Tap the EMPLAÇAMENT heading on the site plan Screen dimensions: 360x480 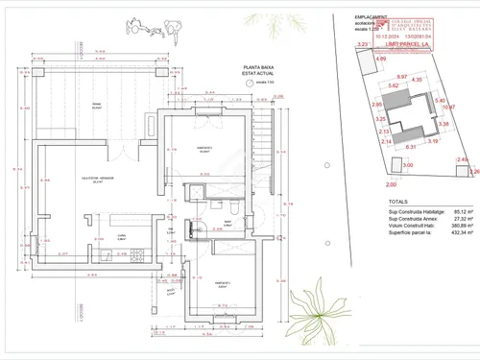click(x=370, y=17)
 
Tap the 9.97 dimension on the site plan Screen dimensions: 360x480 click(x=402, y=77)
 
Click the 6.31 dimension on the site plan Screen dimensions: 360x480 click(x=410, y=147)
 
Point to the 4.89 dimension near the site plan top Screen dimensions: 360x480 click(x=381, y=60)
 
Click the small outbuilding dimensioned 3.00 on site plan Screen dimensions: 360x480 click(x=407, y=165)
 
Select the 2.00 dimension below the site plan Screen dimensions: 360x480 click(x=391, y=183)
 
